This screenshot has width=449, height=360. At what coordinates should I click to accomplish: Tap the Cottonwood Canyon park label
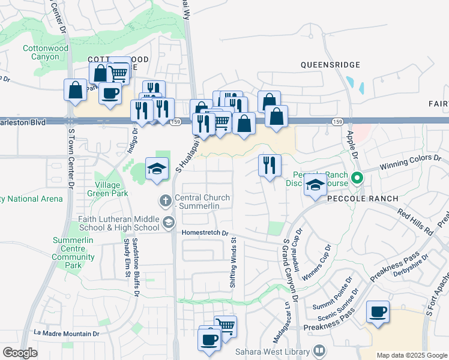(x=41, y=53)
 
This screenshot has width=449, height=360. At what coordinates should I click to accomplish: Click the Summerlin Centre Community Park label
(x=74, y=253)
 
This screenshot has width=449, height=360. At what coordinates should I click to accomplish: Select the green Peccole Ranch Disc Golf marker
(x=357, y=178)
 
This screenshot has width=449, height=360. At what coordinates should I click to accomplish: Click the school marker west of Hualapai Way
(x=157, y=169)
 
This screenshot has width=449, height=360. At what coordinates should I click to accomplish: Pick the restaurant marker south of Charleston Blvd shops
(x=270, y=164)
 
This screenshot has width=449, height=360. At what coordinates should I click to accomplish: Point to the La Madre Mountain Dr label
(x=66, y=334)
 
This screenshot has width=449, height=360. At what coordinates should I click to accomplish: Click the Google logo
(x=20, y=353)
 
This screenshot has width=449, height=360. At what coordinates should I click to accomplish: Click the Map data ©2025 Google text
(x=412, y=355)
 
